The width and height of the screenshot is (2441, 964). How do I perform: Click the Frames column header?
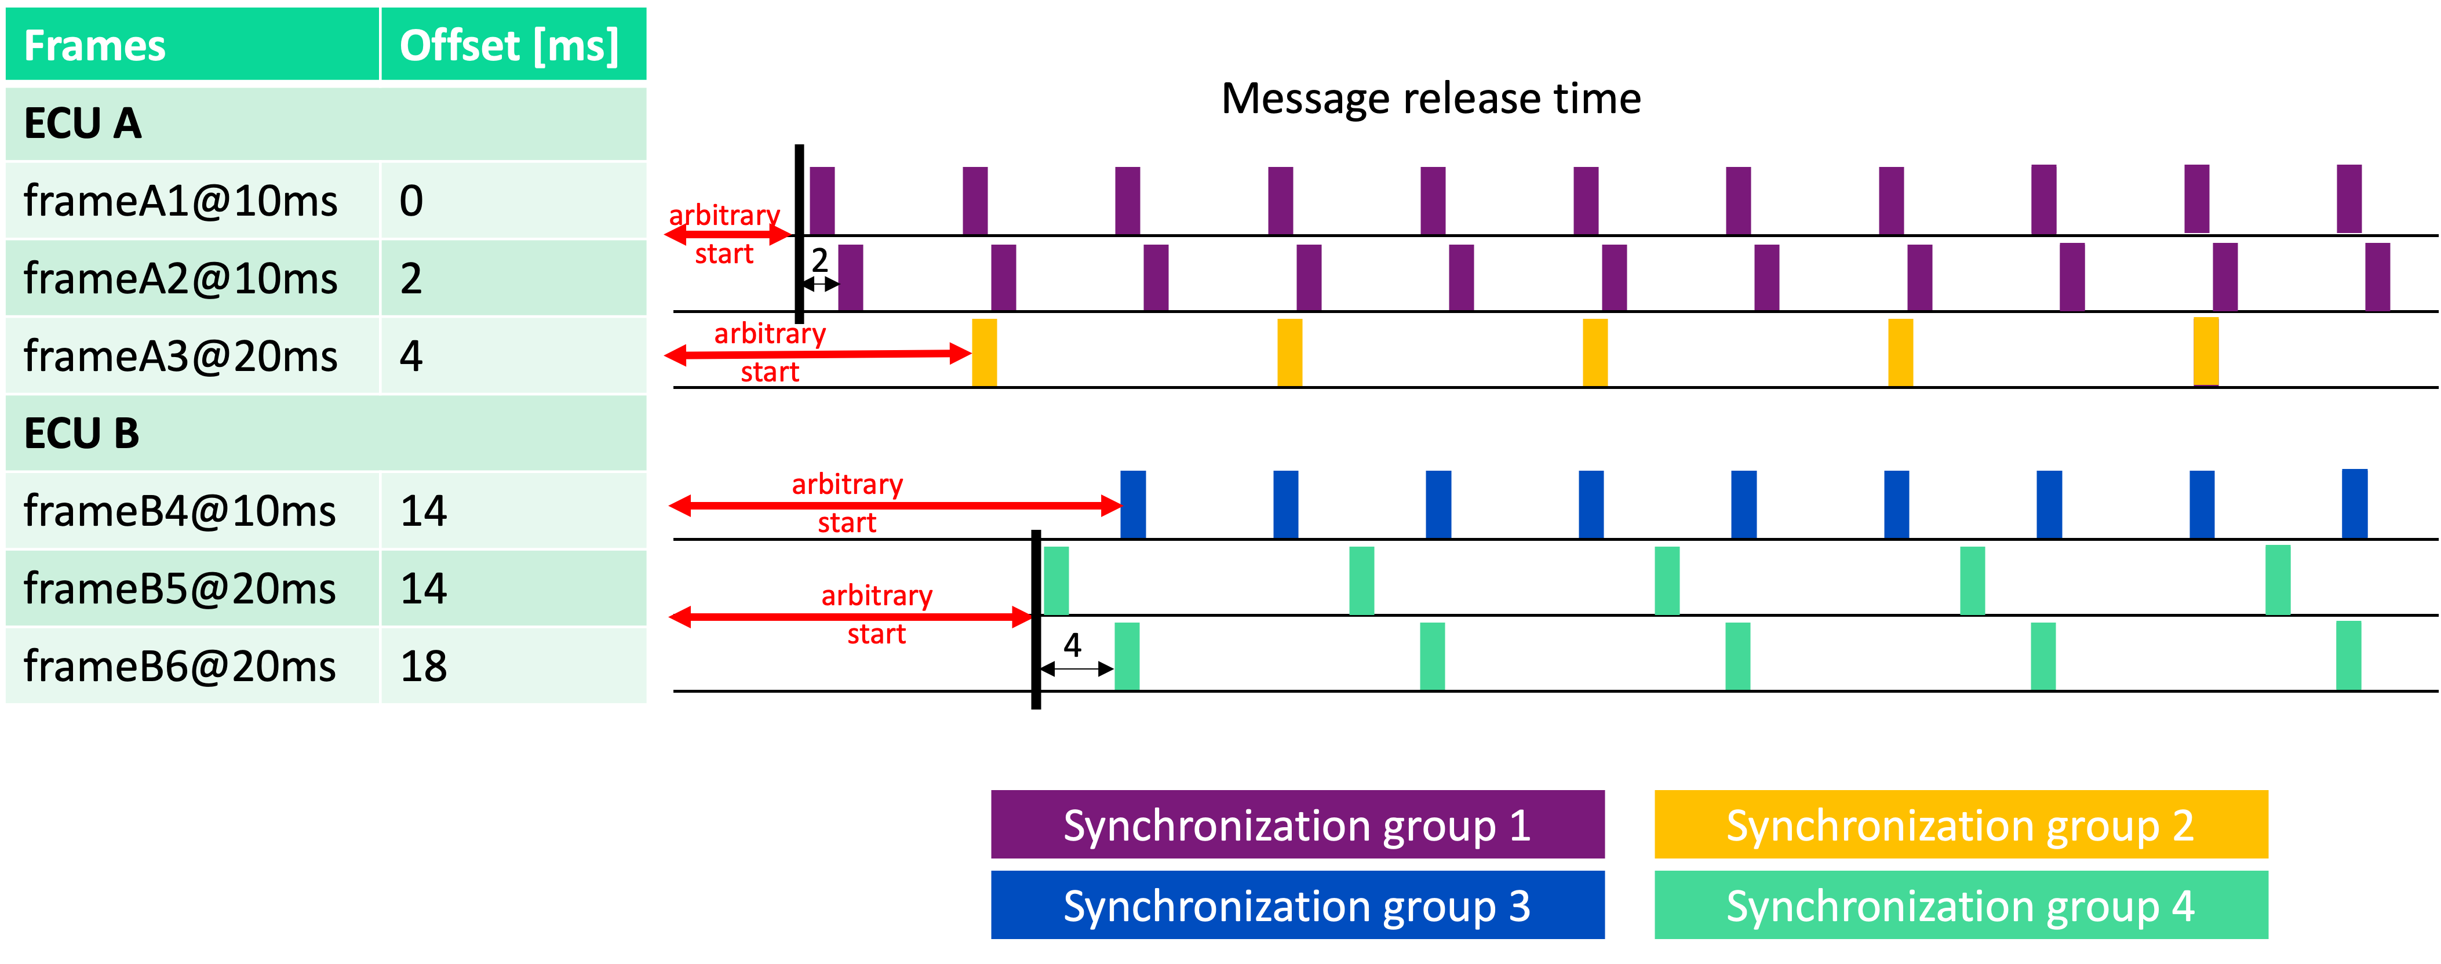(x=95, y=45)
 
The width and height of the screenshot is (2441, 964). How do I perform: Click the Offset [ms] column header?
(x=509, y=45)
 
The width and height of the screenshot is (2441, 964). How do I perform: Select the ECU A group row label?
(x=83, y=123)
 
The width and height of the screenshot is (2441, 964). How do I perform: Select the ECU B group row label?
(x=82, y=433)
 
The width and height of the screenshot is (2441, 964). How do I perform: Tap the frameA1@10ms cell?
(x=180, y=201)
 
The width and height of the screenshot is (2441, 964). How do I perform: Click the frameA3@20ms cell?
(x=180, y=357)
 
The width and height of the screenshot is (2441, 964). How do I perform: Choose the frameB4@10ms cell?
(x=180, y=511)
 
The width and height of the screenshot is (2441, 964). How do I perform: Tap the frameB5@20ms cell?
(x=180, y=588)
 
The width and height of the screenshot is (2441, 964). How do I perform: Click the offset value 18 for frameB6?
(x=424, y=667)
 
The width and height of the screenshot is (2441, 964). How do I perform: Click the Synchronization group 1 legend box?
(x=1297, y=825)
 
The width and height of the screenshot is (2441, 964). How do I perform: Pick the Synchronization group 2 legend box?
(x=1961, y=825)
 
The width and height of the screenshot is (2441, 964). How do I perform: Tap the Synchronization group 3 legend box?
(x=1297, y=905)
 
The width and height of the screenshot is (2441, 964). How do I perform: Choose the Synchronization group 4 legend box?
(x=1961, y=905)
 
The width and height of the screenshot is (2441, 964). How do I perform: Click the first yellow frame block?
(x=985, y=352)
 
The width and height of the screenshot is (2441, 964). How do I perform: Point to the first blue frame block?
(x=1132, y=504)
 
